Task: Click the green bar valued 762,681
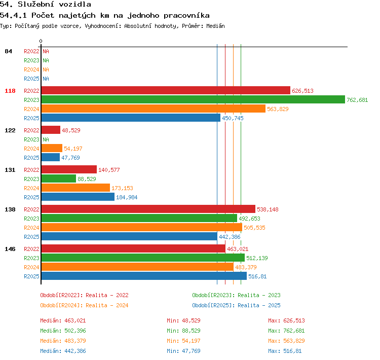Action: (x=193, y=99)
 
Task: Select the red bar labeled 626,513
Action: (x=166, y=90)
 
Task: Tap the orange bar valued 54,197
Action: (x=52, y=148)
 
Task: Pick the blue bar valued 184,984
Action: (x=78, y=197)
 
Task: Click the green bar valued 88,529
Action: (x=59, y=178)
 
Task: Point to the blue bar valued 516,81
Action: (x=144, y=276)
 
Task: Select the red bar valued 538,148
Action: (x=148, y=209)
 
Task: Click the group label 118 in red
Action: (x=10, y=91)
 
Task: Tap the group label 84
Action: (x=8, y=51)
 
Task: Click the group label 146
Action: (x=10, y=249)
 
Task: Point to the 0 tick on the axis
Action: (x=41, y=41)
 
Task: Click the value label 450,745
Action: (x=233, y=118)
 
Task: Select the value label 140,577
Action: (x=109, y=170)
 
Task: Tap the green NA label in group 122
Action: (x=46, y=139)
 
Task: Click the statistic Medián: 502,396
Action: (x=63, y=331)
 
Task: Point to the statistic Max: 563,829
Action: (x=286, y=341)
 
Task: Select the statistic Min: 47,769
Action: (x=183, y=351)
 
